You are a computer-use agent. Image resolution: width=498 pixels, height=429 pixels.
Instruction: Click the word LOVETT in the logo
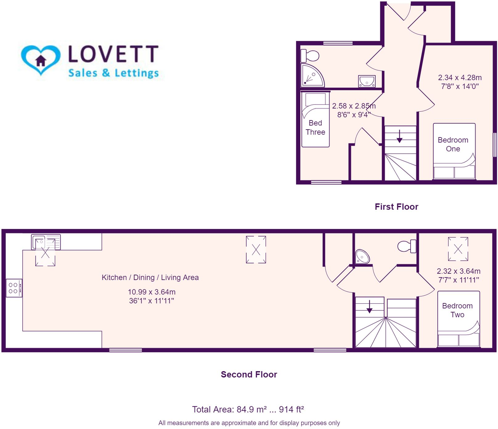(x=113, y=54)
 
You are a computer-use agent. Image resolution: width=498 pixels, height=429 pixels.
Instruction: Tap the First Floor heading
(x=396, y=207)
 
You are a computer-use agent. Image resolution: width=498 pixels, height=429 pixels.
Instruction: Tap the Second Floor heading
(x=249, y=375)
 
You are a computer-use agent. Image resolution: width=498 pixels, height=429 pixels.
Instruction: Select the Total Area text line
(x=248, y=410)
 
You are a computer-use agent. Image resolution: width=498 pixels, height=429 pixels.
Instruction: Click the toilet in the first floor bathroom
(x=310, y=56)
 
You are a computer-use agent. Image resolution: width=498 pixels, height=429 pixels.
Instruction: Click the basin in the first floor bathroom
(x=367, y=82)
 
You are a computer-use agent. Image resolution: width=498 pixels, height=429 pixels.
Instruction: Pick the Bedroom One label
(x=453, y=144)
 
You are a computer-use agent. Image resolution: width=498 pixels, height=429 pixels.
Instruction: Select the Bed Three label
(x=315, y=127)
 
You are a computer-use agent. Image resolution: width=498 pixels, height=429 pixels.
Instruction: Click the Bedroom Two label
(x=457, y=310)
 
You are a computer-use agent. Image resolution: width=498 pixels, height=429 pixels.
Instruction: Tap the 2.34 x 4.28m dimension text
(x=460, y=78)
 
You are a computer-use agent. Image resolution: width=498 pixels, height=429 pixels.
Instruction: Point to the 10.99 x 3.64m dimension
(x=151, y=292)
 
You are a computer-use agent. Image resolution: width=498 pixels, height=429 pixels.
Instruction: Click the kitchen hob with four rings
(x=14, y=288)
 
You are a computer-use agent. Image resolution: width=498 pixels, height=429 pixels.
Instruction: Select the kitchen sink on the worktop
(x=46, y=242)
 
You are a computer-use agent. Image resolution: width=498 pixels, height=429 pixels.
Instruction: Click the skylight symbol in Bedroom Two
(x=458, y=249)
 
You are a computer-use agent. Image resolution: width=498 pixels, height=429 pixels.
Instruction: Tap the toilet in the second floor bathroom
(x=407, y=246)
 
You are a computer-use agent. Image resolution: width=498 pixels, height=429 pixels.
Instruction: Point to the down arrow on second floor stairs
(x=369, y=307)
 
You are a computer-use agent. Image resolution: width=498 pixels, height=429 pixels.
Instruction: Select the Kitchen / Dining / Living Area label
(x=150, y=277)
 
